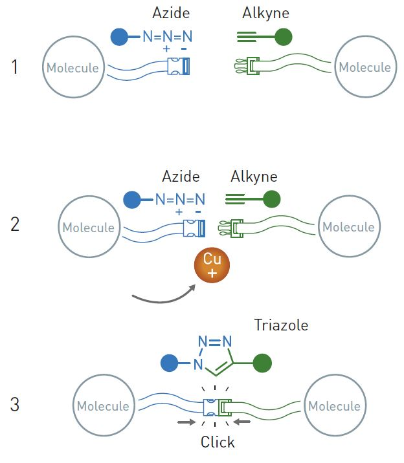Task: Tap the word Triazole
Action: pos(281,325)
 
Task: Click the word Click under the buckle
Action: pos(218,442)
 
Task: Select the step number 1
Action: pos(15,67)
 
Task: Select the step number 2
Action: pos(15,226)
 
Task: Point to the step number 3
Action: pos(15,405)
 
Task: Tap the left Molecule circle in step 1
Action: pos(73,67)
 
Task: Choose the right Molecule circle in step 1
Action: pos(365,67)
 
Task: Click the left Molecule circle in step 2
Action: pos(89,227)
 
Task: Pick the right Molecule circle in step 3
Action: pos(334,406)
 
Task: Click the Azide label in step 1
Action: pos(172,12)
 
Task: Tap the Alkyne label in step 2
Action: pos(254,177)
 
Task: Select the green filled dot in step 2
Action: pos(272,199)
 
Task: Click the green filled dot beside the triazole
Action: pos(262,364)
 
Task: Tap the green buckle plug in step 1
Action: pos(246,67)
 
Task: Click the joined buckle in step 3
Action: pos(218,407)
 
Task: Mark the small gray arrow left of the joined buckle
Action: pos(186,422)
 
